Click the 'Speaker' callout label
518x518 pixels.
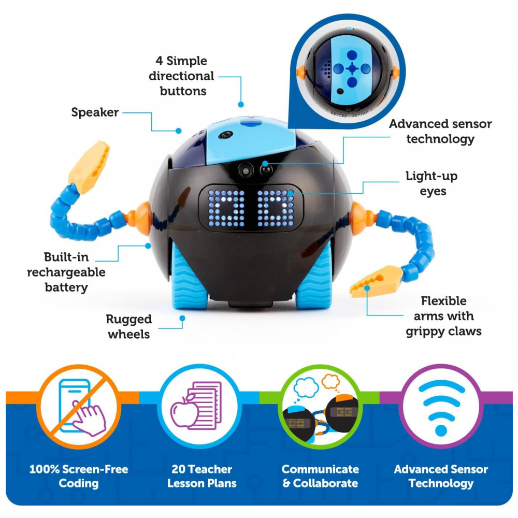[x=95, y=112]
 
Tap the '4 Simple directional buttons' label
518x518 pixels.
[x=181, y=76]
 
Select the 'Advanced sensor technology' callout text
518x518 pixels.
[x=440, y=132]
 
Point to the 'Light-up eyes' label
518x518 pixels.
[x=431, y=184]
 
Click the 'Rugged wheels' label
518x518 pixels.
[x=128, y=326]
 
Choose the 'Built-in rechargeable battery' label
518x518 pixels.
[x=66, y=272]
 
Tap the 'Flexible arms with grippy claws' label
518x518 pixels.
[x=443, y=315]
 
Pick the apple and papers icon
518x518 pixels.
[x=197, y=405]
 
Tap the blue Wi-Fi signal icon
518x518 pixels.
[x=441, y=406]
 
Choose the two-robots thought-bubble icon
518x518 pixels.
[x=320, y=406]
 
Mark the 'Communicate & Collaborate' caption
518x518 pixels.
[x=320, y=477]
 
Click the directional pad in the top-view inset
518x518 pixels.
[x=352, y=68]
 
